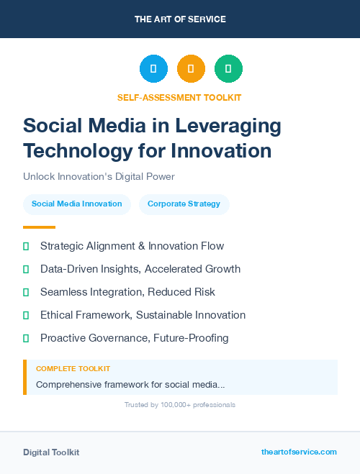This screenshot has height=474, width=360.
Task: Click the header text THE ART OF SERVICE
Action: [180, 19]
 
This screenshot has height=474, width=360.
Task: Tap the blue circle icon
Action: [153, 69]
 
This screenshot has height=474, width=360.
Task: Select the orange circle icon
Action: [191, 69]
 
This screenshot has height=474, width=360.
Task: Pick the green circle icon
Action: [228, 69]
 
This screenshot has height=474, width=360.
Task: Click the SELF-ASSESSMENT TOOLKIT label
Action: [179, 97]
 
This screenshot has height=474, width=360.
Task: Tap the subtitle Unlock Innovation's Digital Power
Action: [99, 176]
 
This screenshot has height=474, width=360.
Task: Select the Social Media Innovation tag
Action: [77, 204]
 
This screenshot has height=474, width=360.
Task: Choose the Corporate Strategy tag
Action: [184, 204]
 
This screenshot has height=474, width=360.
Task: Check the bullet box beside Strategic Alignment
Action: [26, 246]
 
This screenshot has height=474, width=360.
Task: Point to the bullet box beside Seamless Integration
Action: [26, 292]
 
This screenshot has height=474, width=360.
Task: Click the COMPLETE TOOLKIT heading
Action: [73, 369]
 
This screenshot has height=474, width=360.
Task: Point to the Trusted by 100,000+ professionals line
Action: [180, 405]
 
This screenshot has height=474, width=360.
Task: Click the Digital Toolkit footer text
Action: [51, 452]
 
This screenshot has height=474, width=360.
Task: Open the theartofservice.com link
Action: [299, 452]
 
